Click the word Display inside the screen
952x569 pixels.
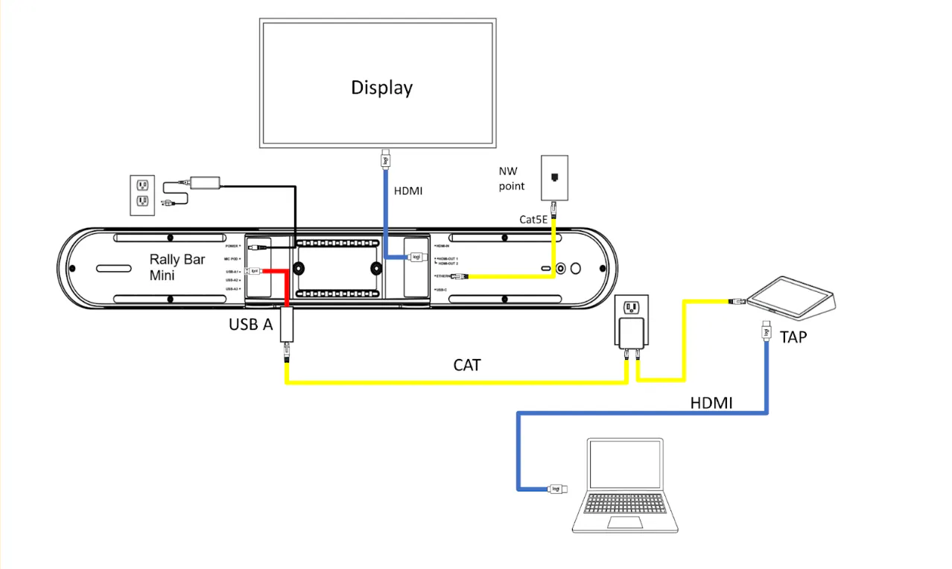381,87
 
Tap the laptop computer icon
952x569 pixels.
626,485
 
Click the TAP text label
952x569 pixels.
793,337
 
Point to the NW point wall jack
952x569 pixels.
554,177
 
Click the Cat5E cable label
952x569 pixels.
534,219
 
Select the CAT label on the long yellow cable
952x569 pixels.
467,365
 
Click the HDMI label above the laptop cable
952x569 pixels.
711,403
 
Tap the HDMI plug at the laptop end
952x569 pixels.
556,489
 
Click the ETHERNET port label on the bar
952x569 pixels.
445,276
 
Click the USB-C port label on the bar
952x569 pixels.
440,289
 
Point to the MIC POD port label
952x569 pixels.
232,258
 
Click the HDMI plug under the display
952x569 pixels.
385,159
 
